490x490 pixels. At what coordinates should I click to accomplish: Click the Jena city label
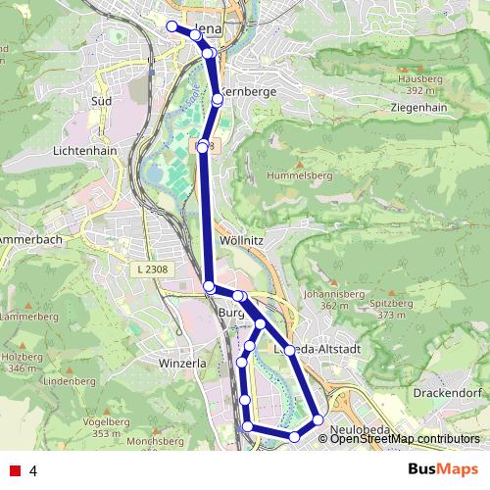212,29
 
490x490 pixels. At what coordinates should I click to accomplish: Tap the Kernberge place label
250,90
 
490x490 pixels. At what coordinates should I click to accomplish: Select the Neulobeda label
362,428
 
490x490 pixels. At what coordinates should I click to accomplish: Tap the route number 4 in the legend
33,470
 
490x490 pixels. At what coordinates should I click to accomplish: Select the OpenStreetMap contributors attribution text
405,439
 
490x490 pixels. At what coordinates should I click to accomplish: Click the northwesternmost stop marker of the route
172,26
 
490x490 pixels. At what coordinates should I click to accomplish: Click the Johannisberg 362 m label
327,299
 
